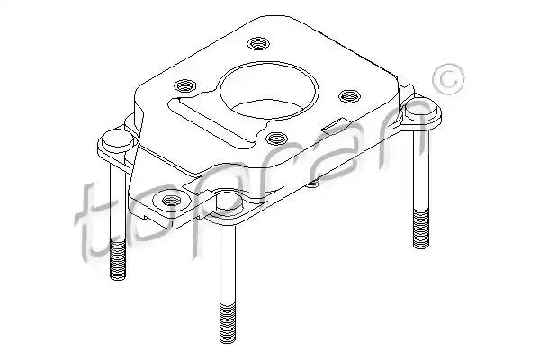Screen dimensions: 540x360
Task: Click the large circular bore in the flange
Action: (268, 90)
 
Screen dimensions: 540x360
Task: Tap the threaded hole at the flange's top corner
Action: (258, 43)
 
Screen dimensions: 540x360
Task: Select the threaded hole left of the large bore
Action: (184, 85)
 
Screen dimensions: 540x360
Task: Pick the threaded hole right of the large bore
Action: (349, 95)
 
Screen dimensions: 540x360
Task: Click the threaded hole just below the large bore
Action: (276, 139)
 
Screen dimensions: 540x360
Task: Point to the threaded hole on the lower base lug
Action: (172, 200)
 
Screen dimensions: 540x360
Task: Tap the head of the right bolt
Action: (419, 109)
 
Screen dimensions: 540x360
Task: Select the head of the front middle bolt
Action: (228, 200)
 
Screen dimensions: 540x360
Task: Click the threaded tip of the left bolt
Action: (118, 260)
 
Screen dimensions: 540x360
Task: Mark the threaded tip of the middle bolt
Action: (228, 324)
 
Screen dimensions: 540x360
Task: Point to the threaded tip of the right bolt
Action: (421, 229)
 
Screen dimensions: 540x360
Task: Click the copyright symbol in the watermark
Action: (448, 80)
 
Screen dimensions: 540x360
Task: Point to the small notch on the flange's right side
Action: (333, 125)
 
